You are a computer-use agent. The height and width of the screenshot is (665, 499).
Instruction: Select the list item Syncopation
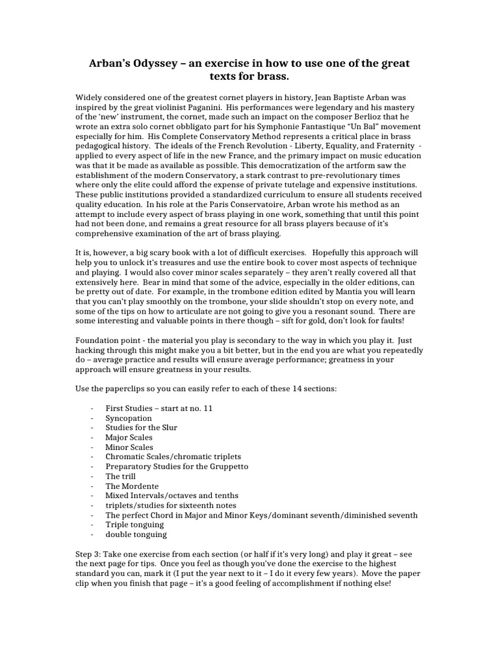[x=129, y=418]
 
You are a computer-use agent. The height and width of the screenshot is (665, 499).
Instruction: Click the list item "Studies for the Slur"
[x=142, y=428]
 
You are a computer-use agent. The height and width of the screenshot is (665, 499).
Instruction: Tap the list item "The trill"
[x=121, y=476]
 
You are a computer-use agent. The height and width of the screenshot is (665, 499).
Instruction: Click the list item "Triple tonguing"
[x=135, y=525]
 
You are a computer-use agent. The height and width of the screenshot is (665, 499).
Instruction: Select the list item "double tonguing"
[x=136, y=534]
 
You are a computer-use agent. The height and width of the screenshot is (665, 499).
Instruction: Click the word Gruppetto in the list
[x=225, y=466]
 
